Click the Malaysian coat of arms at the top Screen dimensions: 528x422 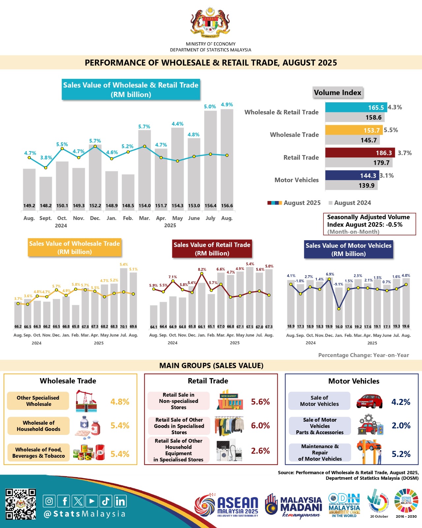coord(210,23)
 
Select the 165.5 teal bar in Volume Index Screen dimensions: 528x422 coord(356,108)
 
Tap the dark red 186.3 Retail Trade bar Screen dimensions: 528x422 coord(360,153)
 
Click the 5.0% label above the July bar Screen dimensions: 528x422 coord(210,107)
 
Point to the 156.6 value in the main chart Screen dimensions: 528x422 coord(227,206)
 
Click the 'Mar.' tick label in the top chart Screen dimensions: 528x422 coord(144,218)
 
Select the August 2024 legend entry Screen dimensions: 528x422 coord(350,203)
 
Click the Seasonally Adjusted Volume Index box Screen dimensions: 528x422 coord(369,224)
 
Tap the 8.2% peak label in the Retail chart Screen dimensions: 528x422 coord(202,270)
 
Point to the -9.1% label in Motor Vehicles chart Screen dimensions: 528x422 coord(338,284)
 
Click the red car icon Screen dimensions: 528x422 coord(369,401)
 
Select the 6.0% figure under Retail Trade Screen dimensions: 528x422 coord(260,426)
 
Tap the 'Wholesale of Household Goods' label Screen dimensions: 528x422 coord(39,426)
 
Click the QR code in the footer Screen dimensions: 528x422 coord(20,504)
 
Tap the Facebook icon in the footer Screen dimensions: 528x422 coord(64,501)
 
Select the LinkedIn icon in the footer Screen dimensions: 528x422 coord(120,501)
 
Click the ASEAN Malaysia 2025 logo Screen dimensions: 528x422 coord(226,507)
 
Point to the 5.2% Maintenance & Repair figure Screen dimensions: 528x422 coord(401,454)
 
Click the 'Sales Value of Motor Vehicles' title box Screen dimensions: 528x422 coord(348,249)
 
